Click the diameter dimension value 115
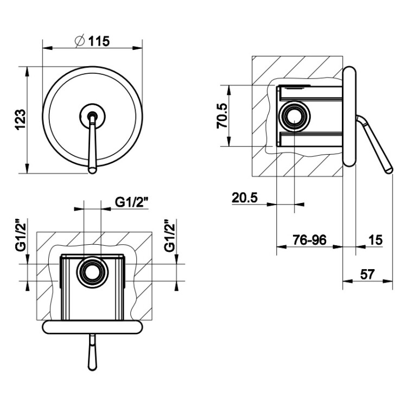tap(99, 41)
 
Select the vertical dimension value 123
tap(21, 120)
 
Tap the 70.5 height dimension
tap(222, 116)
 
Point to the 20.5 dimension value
tap(245, 198)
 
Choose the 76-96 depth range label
tap(309, 240)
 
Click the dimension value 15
tap(375, 240)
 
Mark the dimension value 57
tap(367, 275)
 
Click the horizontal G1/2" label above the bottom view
tap(132, 202)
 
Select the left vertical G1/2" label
tap(21, 236)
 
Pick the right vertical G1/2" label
tap(170, 236)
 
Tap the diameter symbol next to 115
tap(80, 41)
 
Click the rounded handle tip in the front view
tap(92, 170)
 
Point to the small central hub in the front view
tap(92, 116)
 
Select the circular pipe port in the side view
tap(295, 116)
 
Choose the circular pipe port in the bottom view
tap(91, 272)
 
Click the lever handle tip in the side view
tap(389, 170)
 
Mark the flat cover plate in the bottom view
tap(92, 327)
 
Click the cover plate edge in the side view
tap(349, 116)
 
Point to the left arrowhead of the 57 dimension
tap(347, 281)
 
